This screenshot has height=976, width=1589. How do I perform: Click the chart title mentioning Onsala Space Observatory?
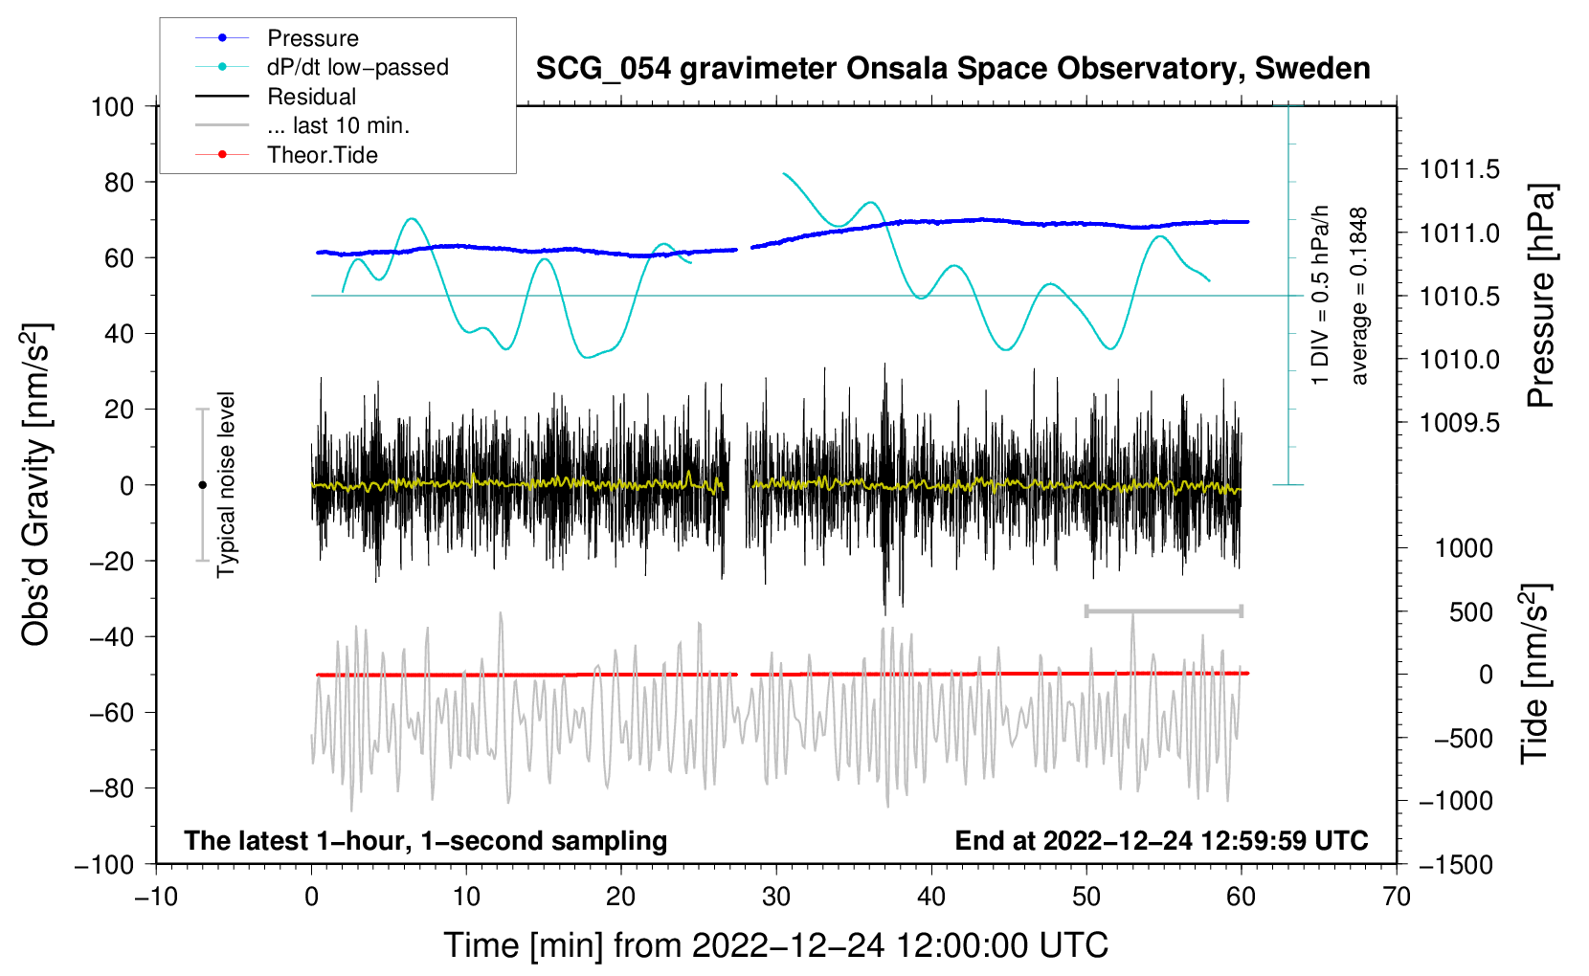952,69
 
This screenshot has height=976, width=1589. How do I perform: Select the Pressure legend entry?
278,37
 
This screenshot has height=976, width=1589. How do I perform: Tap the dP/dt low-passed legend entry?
322,67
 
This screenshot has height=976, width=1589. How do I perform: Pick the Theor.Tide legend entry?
286,155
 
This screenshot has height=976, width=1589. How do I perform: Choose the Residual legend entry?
276,97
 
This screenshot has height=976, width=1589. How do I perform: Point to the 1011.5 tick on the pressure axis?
1459,169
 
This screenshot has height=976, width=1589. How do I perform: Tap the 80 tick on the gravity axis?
119,183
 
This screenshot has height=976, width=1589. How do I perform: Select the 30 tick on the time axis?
776,898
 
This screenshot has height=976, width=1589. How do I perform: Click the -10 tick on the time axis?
156,898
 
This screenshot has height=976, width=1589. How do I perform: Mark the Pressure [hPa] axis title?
1541,296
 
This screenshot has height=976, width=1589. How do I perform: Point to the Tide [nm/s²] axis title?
1535,675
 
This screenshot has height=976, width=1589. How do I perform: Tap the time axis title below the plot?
776,945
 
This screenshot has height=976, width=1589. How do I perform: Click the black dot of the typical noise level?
202,485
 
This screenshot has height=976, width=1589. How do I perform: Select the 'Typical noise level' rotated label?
226,485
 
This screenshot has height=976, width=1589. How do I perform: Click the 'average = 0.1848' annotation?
1357,296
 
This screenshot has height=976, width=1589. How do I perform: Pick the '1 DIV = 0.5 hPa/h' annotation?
1319,296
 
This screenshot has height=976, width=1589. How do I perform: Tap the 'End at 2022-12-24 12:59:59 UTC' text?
1161,840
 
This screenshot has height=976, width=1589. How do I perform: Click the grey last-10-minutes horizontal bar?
1163,610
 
